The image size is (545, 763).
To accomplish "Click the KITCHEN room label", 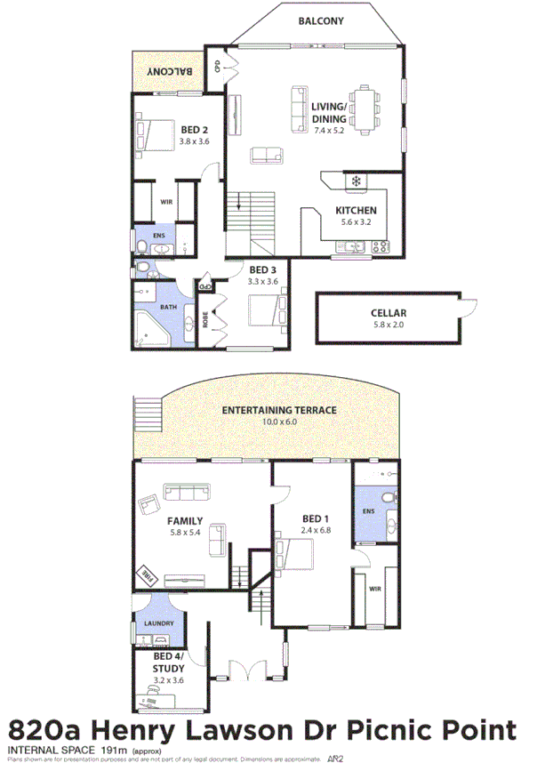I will pos(356,211).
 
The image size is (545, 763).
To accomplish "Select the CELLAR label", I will pos(389,313).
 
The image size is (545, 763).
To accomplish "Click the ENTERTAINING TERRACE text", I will pos(279,410).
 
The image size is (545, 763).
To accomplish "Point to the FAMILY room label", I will pos(185,521).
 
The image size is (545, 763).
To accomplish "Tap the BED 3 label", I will pos(264,269).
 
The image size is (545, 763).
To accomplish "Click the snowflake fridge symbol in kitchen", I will pos(357,182).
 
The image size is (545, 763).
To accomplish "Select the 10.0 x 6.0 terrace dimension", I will pos(279,422).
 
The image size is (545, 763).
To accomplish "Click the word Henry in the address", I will pos(137,731).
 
